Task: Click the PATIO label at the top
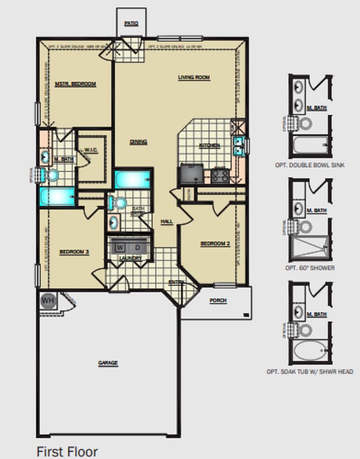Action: [131, 23]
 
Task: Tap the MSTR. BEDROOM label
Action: [76, 84]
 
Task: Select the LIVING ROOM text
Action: [194, 78]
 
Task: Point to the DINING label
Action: [138, 142]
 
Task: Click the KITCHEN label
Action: [210, 146]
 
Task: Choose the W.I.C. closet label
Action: [91, 150]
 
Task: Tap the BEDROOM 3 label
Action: [74, 252]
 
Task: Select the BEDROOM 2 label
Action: [215, 244]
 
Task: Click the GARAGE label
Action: [108, 363]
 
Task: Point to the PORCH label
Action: [218, 301]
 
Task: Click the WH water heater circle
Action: [48, 301]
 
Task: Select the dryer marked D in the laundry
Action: [137, 247]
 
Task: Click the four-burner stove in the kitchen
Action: [219, 176]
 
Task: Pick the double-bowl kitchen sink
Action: [239, 146]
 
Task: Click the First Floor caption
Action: [67, 451]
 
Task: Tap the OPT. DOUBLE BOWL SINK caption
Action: [310, 165]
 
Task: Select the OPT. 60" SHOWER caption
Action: [310, 268]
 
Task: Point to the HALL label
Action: [167, 221]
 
